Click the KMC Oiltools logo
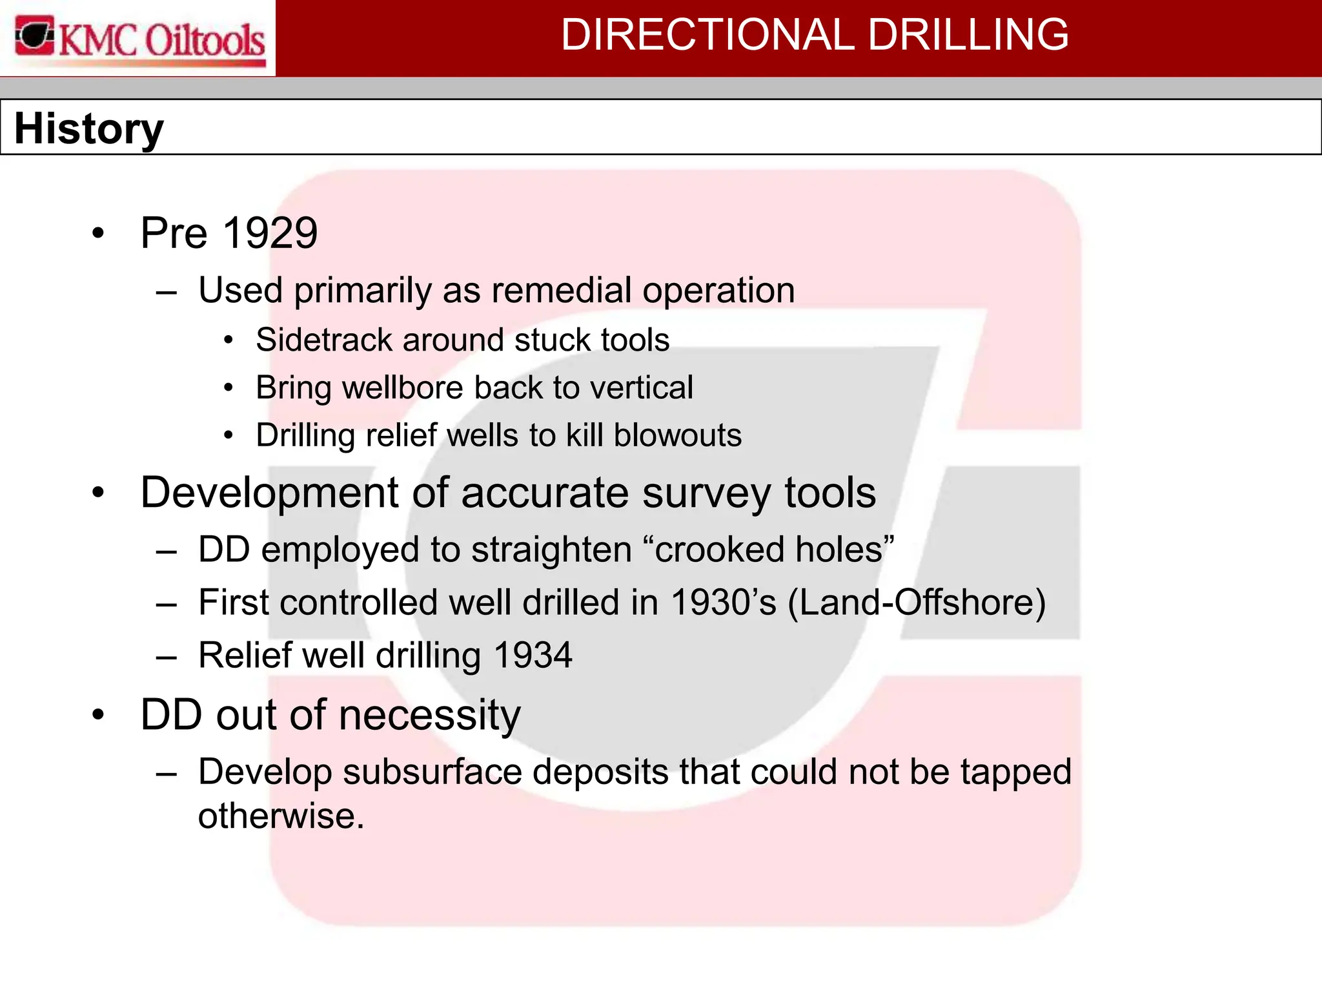pos(139,39)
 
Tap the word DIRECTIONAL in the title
pos(707,35)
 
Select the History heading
pos(89,129)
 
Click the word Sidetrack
pos(323,340)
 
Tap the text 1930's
pos(723,603)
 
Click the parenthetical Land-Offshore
pos(917,603)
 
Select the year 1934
pos(533,656)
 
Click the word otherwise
pos(281,816)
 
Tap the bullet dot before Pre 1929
pos(98,234)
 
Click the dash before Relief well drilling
pos(166,657)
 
